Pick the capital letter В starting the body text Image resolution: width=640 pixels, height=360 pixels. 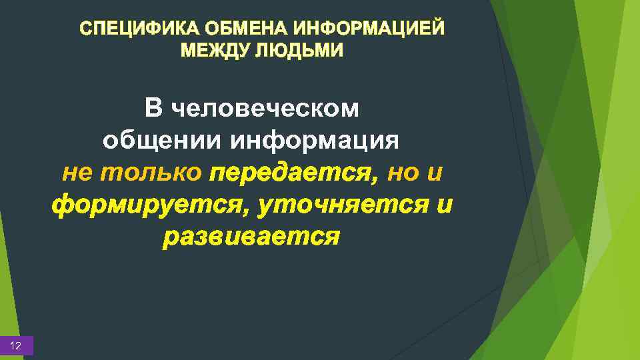pyautogui.click(x=153, y=107)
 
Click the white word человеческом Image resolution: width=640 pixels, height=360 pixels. pyautogui.click(x=265, y=108)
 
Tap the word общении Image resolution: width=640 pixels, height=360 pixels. pyautogui.click(x=163, y=141)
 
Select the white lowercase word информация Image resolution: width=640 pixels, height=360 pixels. pyautogui.click(x=315, y=141)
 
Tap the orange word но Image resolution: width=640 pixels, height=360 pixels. pyautogui.click(x=403, y=173)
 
